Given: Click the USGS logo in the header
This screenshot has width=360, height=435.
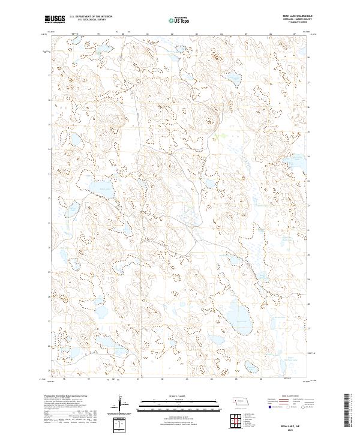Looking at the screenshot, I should [55, 19].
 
